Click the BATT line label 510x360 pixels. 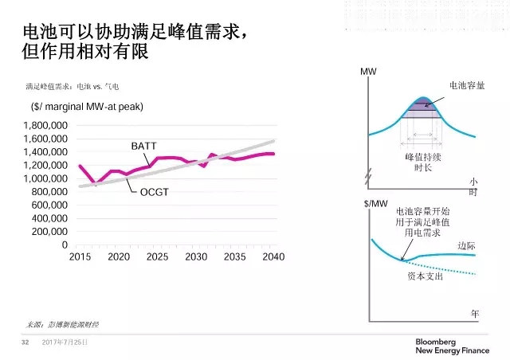pyautogui.click(x=143, y=147)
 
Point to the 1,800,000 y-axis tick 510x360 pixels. pyautogui.click(x=45, y=126)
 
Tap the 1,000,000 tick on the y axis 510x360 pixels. pyautogui.click(x=45, y=178)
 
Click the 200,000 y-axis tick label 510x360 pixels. pyautogui.click(x=49, y=232)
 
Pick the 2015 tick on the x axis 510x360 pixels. pyautogui.click(x=80, y=256)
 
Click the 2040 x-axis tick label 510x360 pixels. pyautogui.click(x=273, y=256)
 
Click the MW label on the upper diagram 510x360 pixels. pyautogui.click(x=368, y=72)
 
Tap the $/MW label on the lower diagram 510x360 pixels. pyautogui.click(x=374, y=204)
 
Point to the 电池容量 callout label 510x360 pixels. pyautogui.click(x=467, y=84)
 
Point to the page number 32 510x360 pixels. pyautogui.click(x=25, y=342)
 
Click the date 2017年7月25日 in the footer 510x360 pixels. pyautogui.click(x=65, y=342)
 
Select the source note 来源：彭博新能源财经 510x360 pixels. pyautogui.click(x=62, y=325)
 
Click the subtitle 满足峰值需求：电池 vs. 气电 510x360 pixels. pyautogui.click(x=73, y=86)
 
